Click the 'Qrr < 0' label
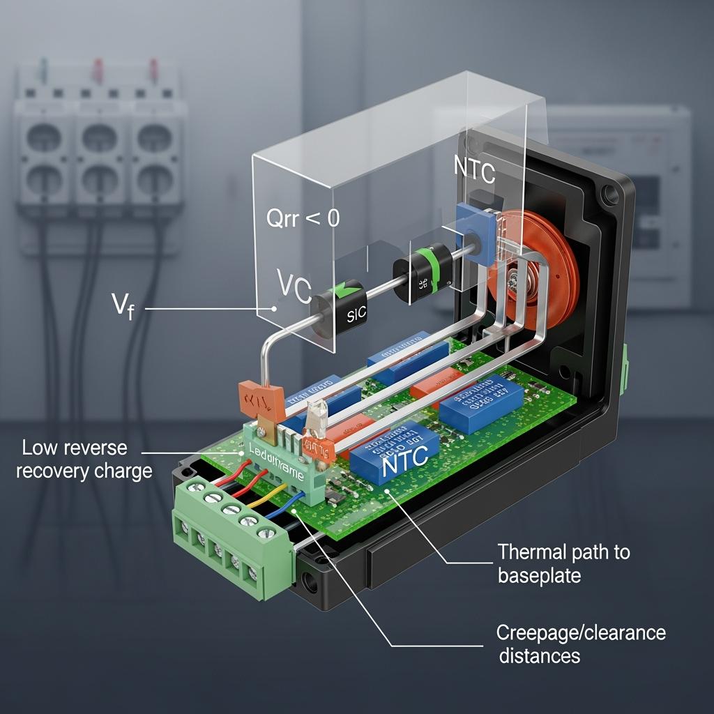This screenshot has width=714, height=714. (303, 218)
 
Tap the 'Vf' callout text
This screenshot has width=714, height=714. (123, 306)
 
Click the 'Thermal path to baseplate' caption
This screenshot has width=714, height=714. (563, 563)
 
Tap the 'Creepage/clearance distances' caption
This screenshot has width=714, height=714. (581, 644)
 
